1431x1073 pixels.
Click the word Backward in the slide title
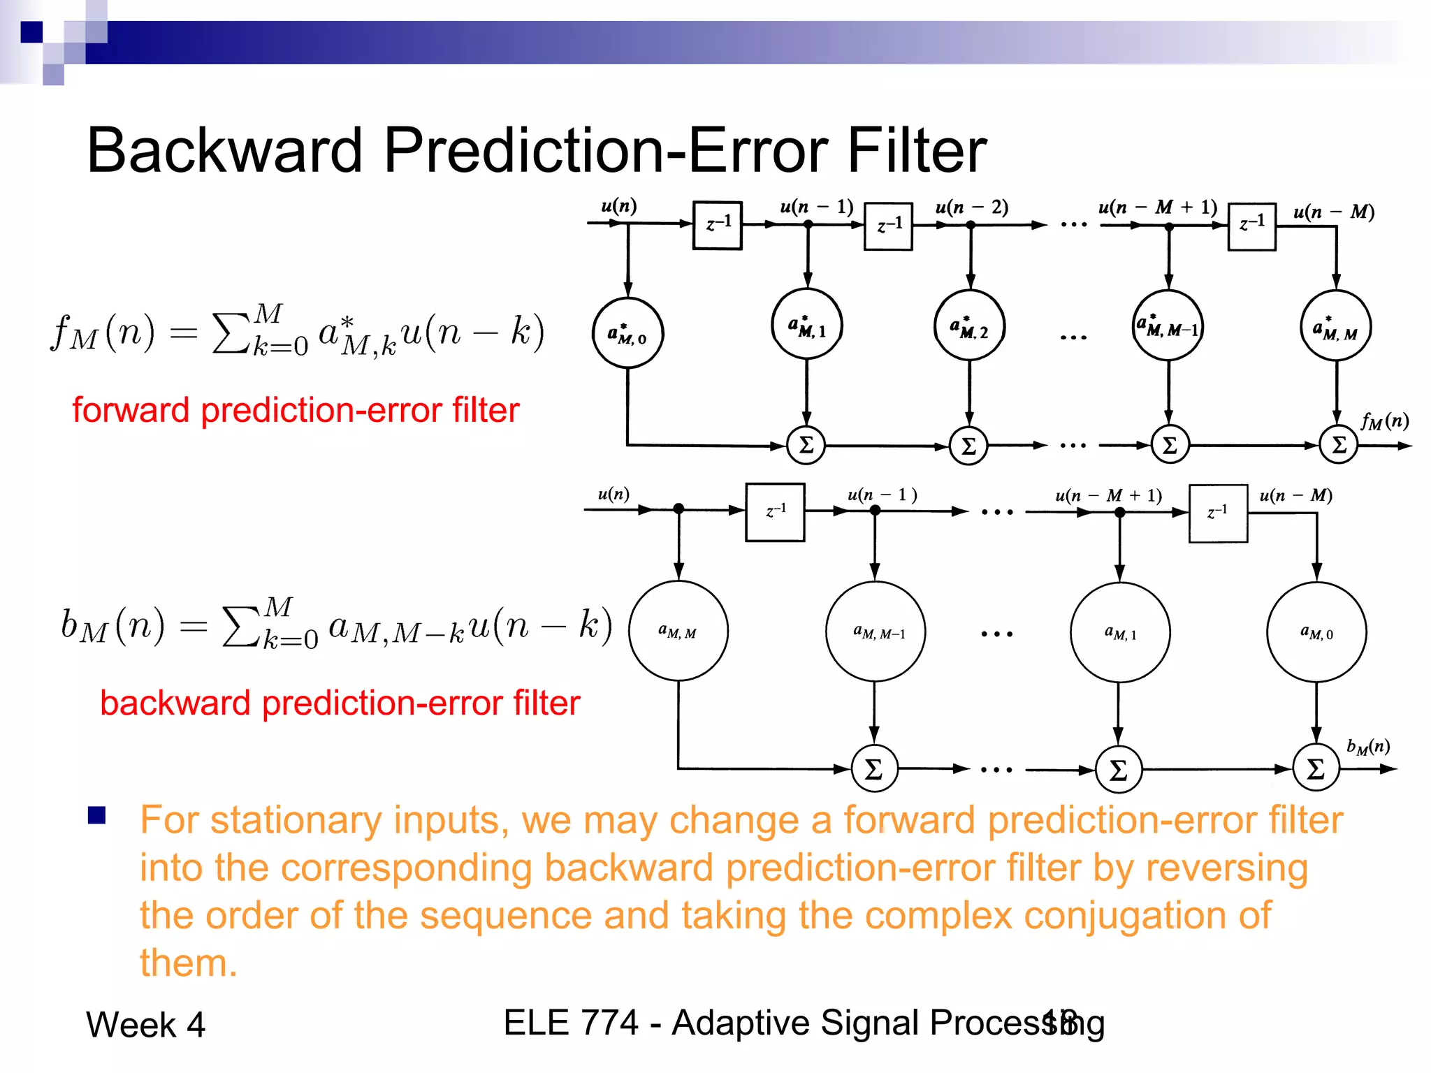coord(224,151)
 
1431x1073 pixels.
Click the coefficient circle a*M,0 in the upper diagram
coord(627,333)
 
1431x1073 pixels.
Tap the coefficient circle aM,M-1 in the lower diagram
coord(876,632)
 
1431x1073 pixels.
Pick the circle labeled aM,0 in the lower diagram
coord(1316,632)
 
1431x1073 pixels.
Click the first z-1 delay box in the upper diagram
coord(717,225)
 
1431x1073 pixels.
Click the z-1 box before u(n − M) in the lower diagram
coord(1218,513)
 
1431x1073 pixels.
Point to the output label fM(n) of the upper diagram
coord(1384,421)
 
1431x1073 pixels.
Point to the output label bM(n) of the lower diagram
coord(1368,747)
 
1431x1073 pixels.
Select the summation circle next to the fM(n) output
coord(1338,445)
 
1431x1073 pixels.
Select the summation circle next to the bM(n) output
coord(1316,768)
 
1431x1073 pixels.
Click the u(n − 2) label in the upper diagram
coord(971,207)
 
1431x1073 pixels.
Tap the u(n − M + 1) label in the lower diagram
coord(1108,495)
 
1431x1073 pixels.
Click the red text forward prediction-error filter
coord(296,410)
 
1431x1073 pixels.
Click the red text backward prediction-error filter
coord(340,703)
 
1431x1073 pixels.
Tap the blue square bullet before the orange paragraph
coord(96,815)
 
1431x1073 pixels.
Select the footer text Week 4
coord(145,1025)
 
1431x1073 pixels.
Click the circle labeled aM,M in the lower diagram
coord(678,631)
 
